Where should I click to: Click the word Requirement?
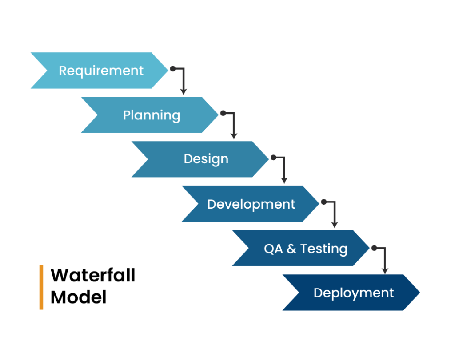[x=101, y=71]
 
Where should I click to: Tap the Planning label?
[x=152, y=115]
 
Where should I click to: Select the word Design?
[x=206, y=159]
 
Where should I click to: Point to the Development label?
[x=251, y=204]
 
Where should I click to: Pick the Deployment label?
[x=354, y=293]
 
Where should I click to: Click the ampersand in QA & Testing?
[x=291, y=249]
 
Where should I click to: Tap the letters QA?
[x=273, y=249]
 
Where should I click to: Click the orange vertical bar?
[x=41, y=288]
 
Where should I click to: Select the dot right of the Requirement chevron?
[x=172, y=69]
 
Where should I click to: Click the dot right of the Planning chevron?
[x=223, y=113]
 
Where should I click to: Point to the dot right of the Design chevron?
[x=273, y=158]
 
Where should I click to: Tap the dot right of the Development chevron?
[x=323, y=202]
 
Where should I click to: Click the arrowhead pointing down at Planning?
[x=183, y=91]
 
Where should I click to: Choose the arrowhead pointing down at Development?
[x=284, y=180]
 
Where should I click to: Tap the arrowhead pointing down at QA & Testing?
[x=334, y=225]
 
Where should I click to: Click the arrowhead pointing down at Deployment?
[x=385, y=270]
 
